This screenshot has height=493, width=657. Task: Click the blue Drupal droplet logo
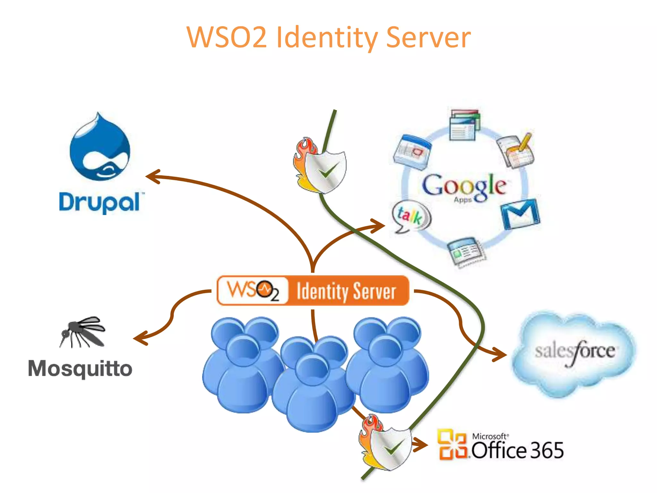click(100, 149)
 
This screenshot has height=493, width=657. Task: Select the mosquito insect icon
click(83, 332)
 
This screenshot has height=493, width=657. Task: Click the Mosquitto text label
click(80, 368)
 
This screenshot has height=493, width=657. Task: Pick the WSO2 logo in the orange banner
click(253, 290)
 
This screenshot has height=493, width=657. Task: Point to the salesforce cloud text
click(574, 351)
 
